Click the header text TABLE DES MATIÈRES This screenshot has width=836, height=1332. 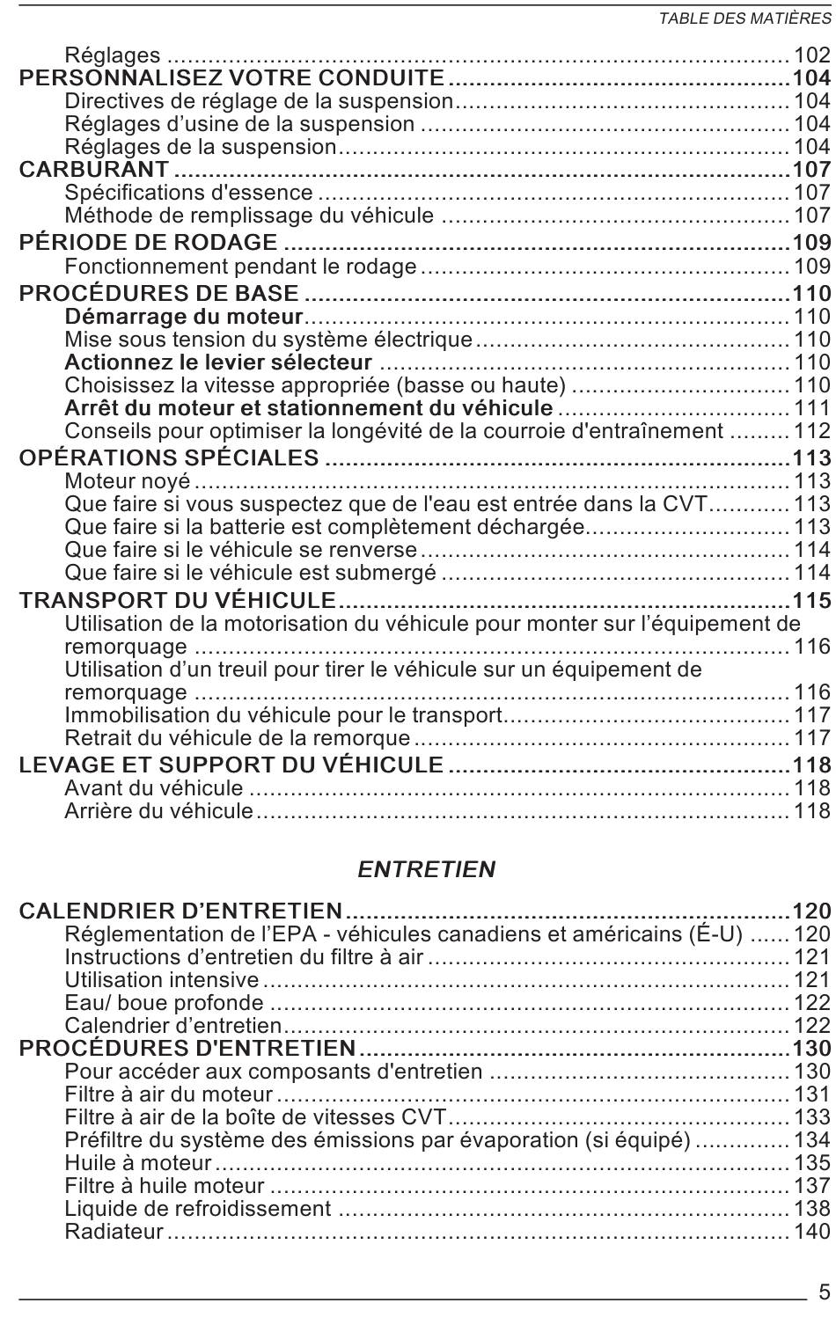744,19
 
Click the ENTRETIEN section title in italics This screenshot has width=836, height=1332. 426,870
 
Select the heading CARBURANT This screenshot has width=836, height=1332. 94,169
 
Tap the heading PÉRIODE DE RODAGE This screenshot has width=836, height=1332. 148,243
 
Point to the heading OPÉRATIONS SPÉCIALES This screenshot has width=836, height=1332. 169,457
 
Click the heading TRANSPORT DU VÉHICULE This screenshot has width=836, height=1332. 178,601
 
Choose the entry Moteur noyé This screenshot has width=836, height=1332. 128,481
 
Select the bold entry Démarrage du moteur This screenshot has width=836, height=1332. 184,317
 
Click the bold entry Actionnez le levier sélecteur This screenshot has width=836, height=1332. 218,362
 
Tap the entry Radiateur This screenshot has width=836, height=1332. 114,1232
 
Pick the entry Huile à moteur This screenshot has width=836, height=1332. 138,1163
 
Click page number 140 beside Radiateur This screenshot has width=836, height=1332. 811,1232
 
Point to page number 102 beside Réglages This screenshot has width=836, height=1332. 811,55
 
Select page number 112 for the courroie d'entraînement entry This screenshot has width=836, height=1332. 811,431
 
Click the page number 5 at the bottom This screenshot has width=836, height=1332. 824,1292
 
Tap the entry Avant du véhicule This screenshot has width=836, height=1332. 154,788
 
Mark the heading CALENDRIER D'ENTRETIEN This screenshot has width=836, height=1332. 180,911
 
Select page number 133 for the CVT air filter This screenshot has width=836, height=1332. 811,1117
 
